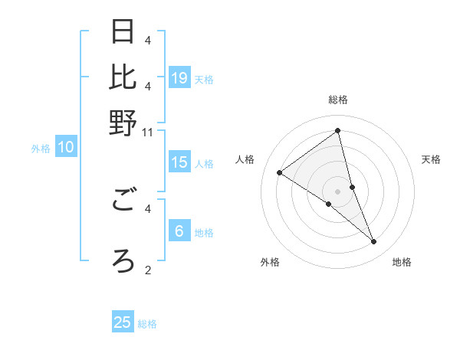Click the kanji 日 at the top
123,33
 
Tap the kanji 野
123,122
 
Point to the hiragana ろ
123,260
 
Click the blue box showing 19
179,77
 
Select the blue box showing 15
179,162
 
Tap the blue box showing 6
179,231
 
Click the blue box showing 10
65,148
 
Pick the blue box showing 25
123,322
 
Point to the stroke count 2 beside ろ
148,270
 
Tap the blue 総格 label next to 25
147,324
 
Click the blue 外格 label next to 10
41,149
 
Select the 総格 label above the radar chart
337,100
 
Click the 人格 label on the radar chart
245,159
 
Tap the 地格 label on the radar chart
402,263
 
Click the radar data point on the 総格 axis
337,130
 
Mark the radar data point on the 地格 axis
374,242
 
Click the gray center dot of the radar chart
337,191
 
